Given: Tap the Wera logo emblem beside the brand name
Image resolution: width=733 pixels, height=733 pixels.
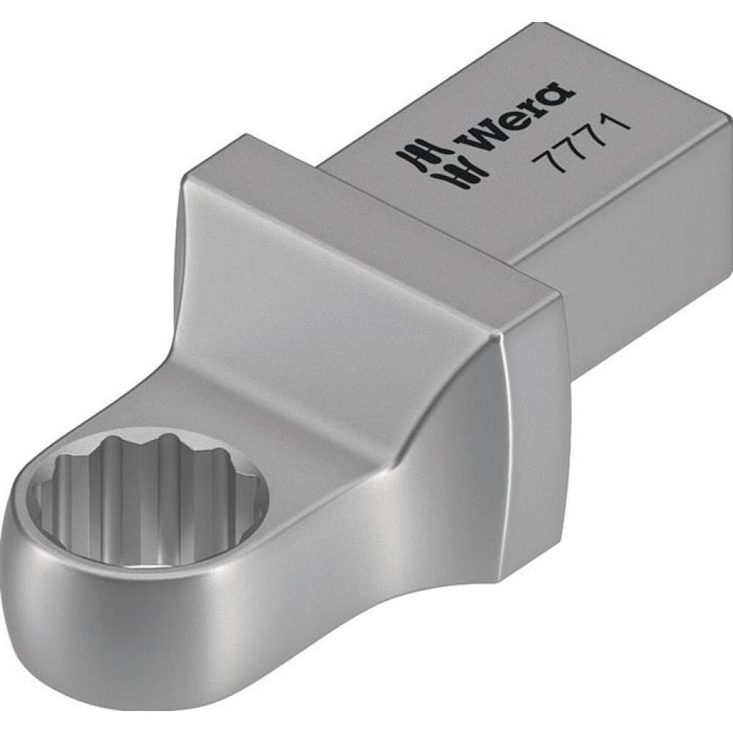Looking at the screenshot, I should coord(440,153).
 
